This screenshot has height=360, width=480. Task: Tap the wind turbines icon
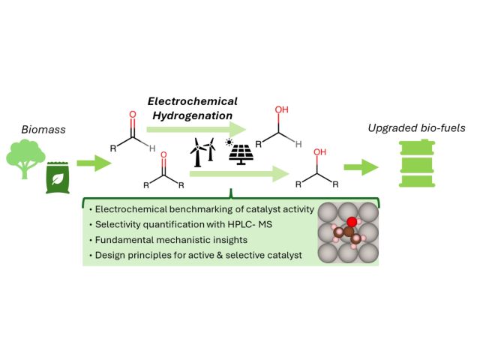[x=201, y=152]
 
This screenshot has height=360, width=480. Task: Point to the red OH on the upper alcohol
[x=281, y=109]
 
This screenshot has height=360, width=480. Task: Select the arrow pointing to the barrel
[x=360, y=167]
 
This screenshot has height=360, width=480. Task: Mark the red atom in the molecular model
[x=352, y=221]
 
